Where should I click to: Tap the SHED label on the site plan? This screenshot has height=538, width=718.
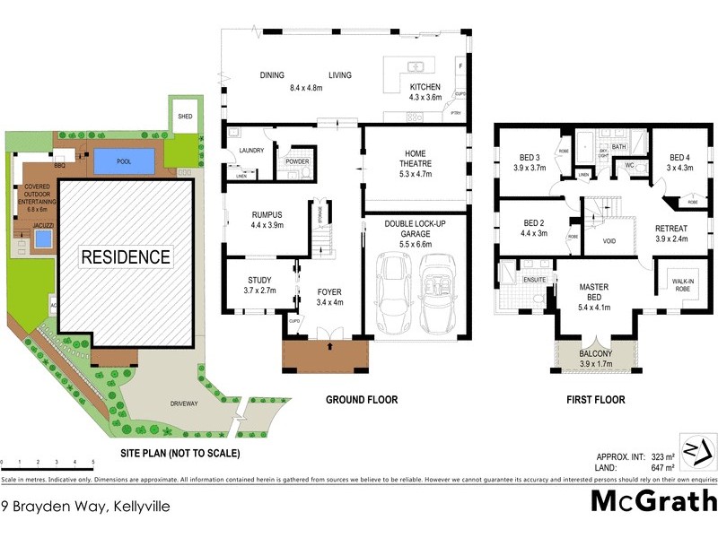(x=186, y=117)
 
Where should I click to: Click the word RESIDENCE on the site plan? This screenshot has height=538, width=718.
(x=126, y=257)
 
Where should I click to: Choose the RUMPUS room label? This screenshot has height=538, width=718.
(x=268, y=214)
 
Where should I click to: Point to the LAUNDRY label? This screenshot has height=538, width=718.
(x=250, y=151)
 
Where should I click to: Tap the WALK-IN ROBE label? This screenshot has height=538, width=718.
(x=683, y=284)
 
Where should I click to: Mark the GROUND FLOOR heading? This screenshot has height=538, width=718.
(x=362, y=400)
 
